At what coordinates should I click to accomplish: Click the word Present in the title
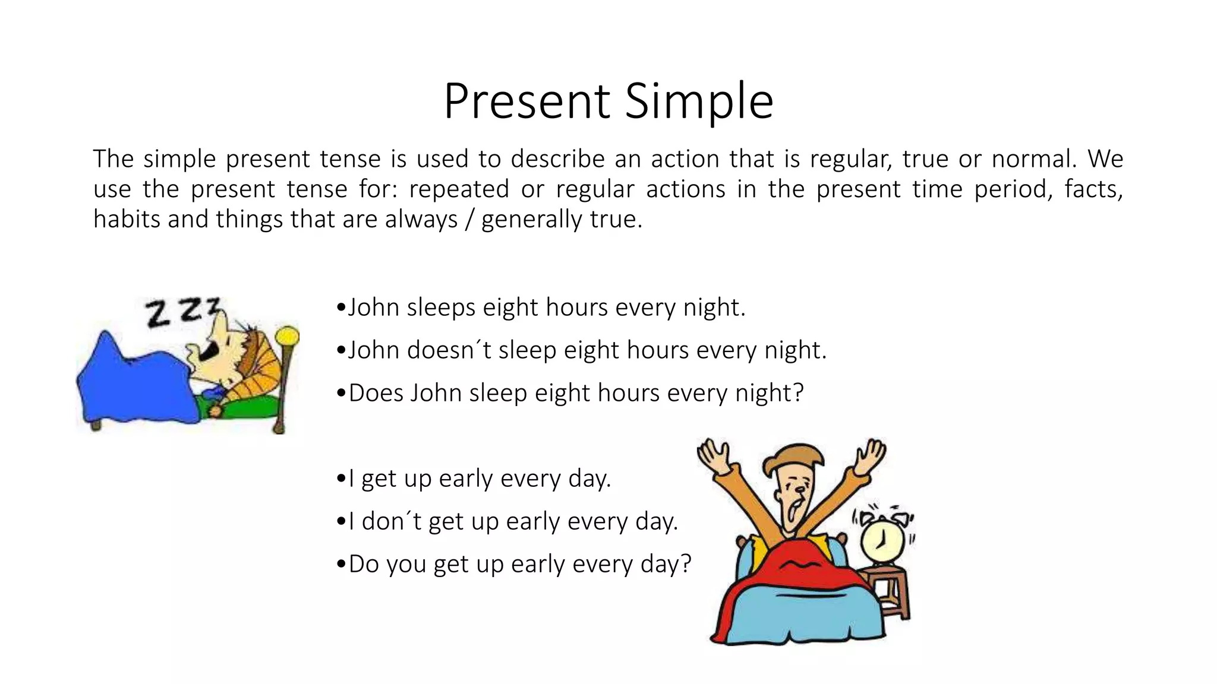click(526, 101)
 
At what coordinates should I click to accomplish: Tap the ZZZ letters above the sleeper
click(182, 312)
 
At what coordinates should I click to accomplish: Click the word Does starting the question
click(376, 393)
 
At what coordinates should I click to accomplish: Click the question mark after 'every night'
click(797, 393)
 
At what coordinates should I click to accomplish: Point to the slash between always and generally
click(469, 220)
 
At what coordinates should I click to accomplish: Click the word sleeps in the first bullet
click(441, 308)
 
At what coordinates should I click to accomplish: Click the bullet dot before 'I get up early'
click(340, 479)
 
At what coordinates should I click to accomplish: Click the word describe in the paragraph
click(557, 159)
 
